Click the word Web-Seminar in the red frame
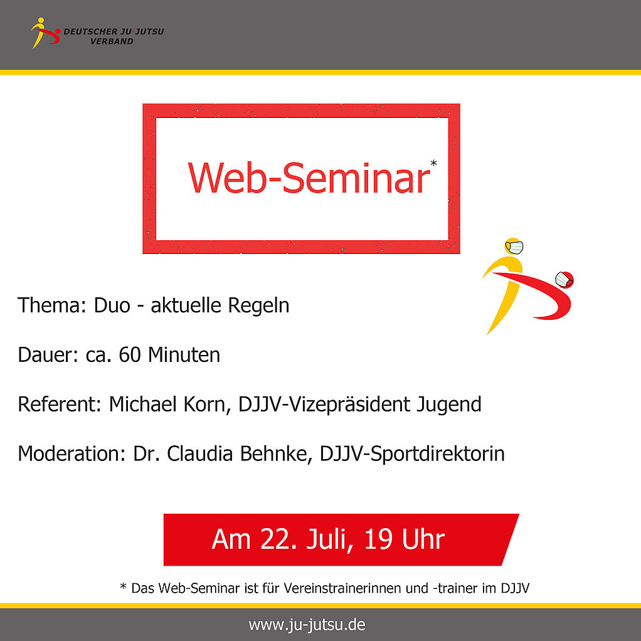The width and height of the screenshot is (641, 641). (309, 178)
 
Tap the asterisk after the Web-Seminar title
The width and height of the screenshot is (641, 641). (434, 164)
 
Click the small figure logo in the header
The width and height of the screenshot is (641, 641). (46, 33)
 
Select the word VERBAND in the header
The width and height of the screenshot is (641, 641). (112, 41)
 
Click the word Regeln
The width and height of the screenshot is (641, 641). (258, 306)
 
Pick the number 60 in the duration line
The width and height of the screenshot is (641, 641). (130, 355)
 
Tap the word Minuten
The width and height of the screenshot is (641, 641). (184, 354)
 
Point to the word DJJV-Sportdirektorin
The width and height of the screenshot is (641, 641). (412, 454)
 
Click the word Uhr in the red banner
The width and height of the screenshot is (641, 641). (423, 539)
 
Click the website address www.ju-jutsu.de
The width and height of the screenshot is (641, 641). (307, 625)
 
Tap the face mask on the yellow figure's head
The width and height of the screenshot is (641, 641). (514, 247)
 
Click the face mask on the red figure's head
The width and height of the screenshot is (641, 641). (563, 280)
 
